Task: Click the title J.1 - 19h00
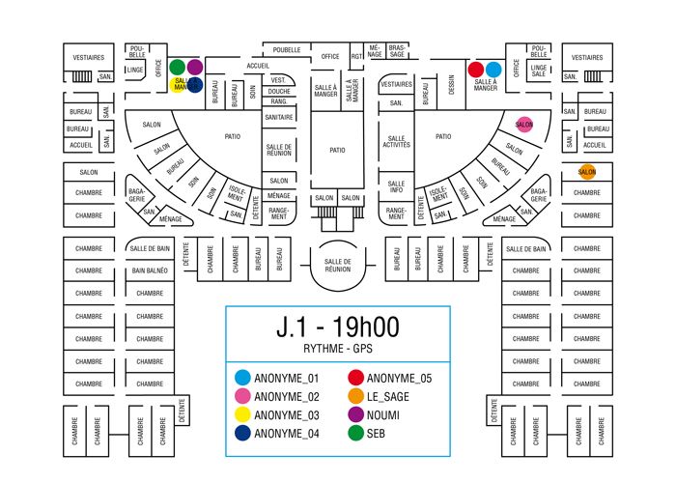(x=338, y=327)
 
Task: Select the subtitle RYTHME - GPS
(x=338, y=349)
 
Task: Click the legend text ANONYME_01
(x=286, y=378)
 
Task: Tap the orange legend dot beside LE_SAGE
(x=356, y=396)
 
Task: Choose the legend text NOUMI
(x=385, y=414)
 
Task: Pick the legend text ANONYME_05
(x=400, y=378)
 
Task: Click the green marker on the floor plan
(x=178, y=68)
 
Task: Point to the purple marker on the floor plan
(x=194, y=68)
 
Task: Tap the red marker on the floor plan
(x=475, y=70)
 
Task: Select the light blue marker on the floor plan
(x=493, y=70)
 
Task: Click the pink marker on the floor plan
(x=524, y=124)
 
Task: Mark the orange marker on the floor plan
(x=587, y=172)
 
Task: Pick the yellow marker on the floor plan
(x=178, y=84)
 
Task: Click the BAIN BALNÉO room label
(x=150, y=271)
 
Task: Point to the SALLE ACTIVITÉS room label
(x=396, y=141)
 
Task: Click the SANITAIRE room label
(x=278, y=117)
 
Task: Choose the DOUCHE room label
(x=279, y=90)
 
